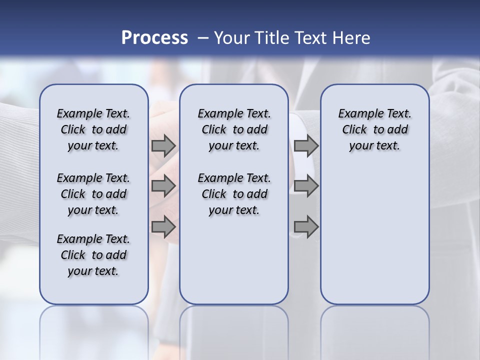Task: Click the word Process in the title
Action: click(154, 37)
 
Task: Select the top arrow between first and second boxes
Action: click(163, 146)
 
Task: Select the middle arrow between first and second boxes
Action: click(163, 186)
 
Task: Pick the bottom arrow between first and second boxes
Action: click(163, 227)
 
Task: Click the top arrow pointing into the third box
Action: click(306, 146)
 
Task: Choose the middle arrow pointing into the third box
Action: click(306, 186)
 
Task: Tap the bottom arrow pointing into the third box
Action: click(306, 227)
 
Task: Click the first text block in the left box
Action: click(93, 129)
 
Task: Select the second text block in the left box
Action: click(93, 194)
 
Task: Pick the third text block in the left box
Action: click(93, 255)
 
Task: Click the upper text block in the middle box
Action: click(234, 129)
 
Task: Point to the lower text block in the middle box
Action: click(234, 194)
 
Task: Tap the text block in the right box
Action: click(375, 129)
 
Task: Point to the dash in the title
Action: click(203, 37)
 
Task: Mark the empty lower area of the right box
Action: click(375, 235)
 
